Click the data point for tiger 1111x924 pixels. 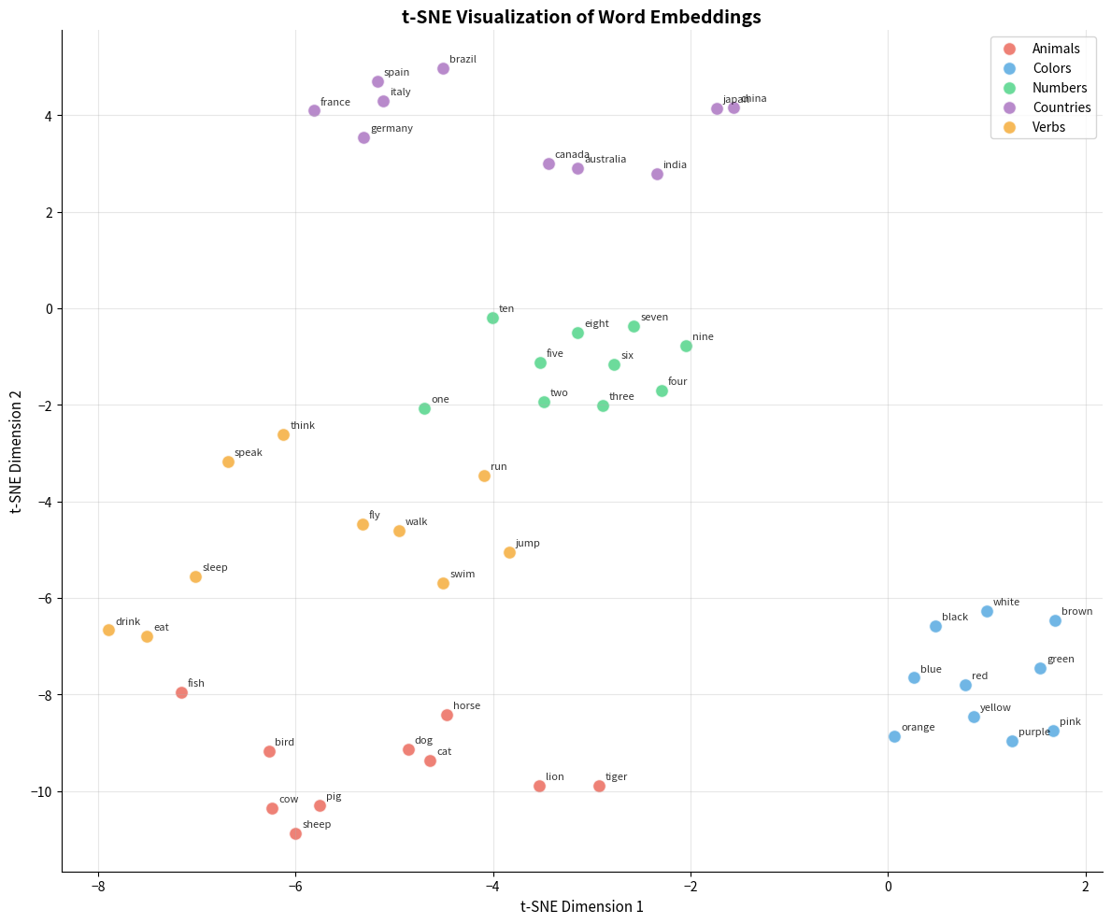click(x=599, y=786)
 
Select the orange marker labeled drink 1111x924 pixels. click(x=108, y=630)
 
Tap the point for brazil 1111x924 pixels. click(x=443, y=68)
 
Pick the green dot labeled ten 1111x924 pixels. click(x=492, y=318)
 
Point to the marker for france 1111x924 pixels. click(x=314, y=110)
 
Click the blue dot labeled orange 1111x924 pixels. click(x=894, y=736)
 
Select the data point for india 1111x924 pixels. click(x=657, y=174)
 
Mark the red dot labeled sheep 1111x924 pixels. click(x=295, y=833)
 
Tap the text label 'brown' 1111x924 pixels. click(x=1076, y=612)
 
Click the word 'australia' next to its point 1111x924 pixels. click(x=605, y=160)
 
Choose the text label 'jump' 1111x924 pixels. click(x=527, y=544)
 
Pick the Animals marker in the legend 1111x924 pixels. click(x=1008, y=49)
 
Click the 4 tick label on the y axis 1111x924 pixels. click(x=49, y=116)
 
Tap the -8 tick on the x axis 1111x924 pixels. click(x=97, y=884)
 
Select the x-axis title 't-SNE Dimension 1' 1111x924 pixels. click(x=581, y=906)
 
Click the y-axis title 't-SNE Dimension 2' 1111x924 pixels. click(x=17, y=450)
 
